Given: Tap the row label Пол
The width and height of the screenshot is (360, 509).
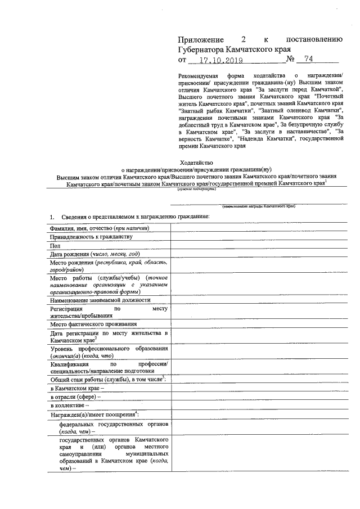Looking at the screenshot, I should coord(55,246).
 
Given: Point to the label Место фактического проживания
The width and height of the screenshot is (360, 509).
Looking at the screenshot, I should coord(93,324).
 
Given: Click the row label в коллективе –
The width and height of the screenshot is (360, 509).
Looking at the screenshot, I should coord(70,406).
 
